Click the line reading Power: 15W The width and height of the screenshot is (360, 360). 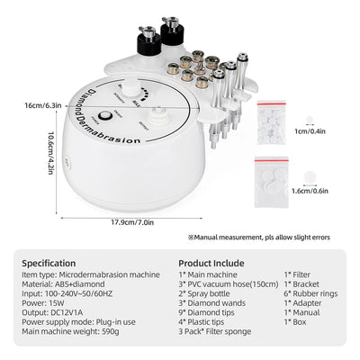46,303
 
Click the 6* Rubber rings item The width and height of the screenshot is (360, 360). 310,293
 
